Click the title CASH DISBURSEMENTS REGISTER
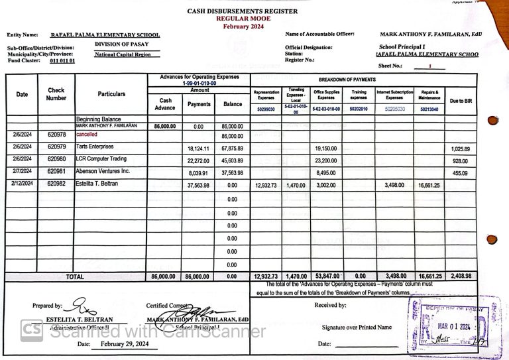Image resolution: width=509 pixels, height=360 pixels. click(242, 11)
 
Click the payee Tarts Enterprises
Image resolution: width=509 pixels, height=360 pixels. click(95, 147)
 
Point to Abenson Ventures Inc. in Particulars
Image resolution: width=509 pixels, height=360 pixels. click(103, 172)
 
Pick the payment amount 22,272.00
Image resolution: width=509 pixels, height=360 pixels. click(199, 161)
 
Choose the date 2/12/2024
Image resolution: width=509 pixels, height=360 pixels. click(23, 184)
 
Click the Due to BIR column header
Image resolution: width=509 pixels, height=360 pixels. click(461, 101)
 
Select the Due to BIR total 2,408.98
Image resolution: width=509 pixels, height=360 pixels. click(460, 276)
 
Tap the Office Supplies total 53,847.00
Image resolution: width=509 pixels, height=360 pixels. click(325, 276)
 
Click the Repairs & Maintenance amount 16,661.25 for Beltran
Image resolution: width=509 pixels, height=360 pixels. click(429, 186)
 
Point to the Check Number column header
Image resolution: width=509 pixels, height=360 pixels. click(56, 94)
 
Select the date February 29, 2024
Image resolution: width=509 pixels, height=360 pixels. click(125, 345)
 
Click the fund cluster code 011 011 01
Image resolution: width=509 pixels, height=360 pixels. click(62, 60)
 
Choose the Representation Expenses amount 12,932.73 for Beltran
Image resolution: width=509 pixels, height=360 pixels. click(266, 186)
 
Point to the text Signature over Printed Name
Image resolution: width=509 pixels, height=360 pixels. click(357, 327)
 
